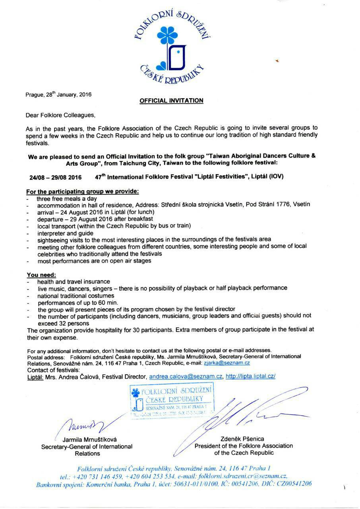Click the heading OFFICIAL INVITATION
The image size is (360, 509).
click(171, 101)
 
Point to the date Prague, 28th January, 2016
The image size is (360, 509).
click(58, 95)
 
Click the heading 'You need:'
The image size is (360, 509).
click(41, 275)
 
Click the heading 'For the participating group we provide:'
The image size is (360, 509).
click(83, 191)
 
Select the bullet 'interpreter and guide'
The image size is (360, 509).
click(66, 233)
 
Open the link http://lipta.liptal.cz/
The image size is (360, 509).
click(250, 376)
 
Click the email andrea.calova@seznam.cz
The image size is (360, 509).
click(186, 376)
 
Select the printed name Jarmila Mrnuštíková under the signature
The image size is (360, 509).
click(87, 440)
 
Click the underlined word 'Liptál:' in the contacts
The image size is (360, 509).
click(35, 376)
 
